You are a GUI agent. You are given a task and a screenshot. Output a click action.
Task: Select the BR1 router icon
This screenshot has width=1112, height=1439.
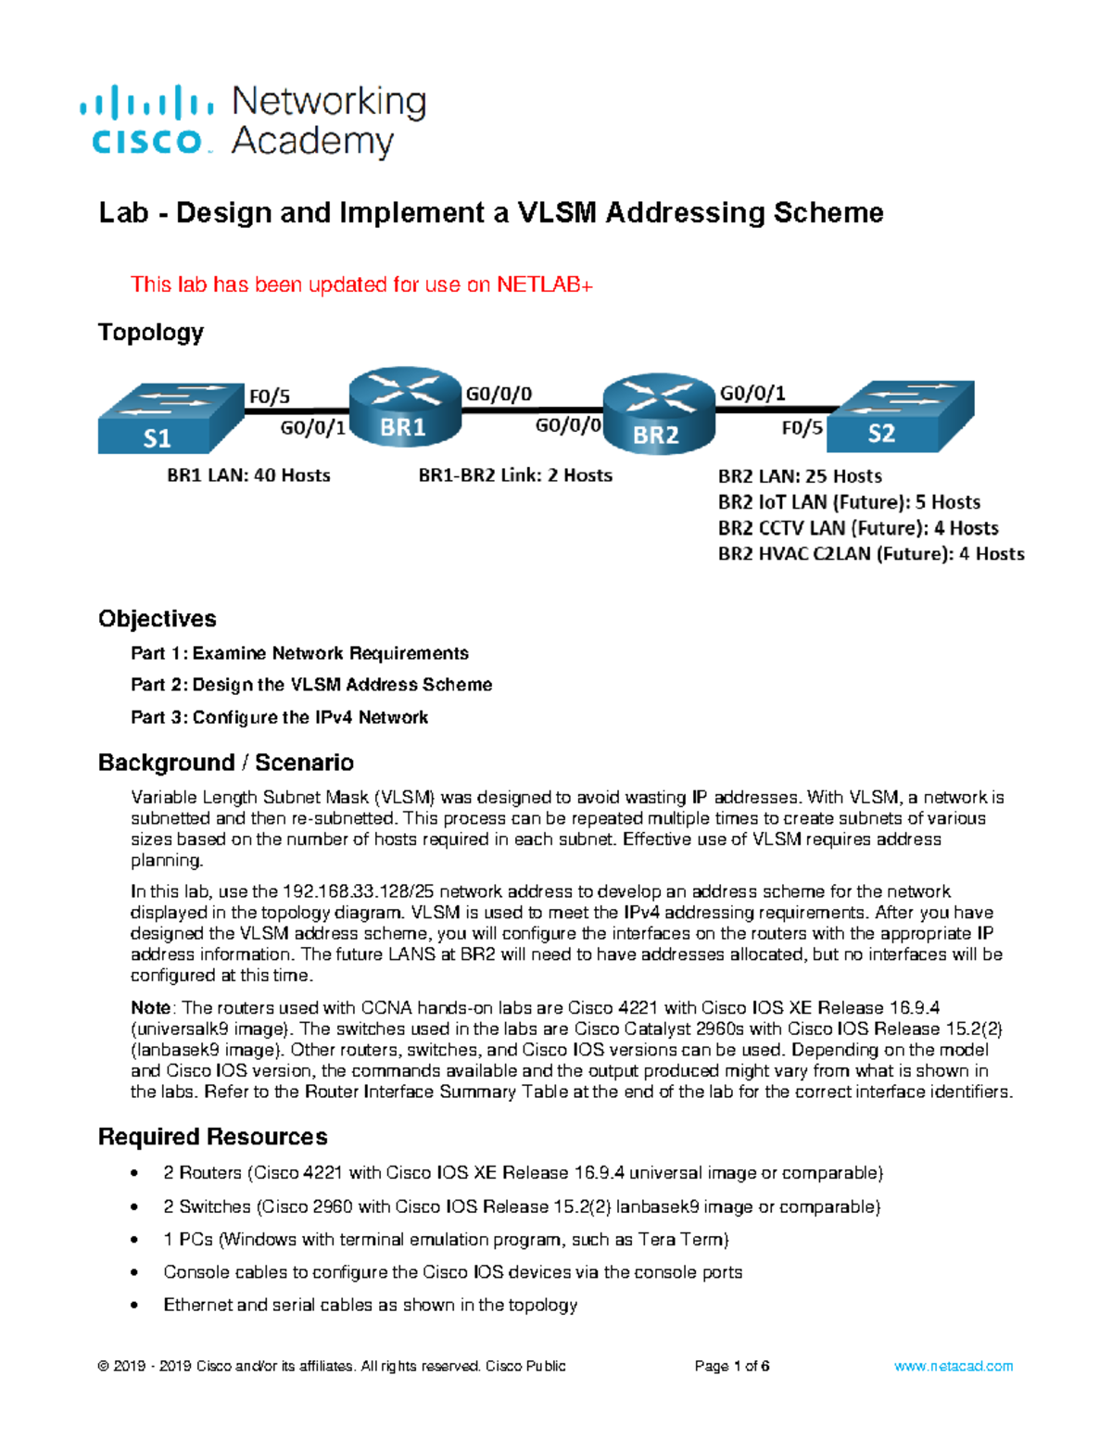[405, 409]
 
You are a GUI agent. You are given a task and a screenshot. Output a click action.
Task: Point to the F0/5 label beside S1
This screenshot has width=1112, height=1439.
[269, 397]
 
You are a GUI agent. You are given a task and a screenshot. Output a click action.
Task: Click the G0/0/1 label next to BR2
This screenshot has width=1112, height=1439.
[752, 393]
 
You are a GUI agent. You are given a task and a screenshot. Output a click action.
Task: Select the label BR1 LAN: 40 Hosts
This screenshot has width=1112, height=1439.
[248, 475]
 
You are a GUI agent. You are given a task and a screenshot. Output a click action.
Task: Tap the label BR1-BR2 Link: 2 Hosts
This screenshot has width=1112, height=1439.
[515, 475]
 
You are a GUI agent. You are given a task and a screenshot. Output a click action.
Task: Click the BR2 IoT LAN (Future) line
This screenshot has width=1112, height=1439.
[849, 502]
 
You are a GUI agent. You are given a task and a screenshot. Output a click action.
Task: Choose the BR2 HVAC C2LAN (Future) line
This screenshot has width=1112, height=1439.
[871, 554]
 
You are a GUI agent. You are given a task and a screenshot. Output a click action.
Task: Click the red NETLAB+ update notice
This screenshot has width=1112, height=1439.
[361, 284]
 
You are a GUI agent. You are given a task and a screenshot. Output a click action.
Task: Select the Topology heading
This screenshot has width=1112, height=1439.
[151, 332]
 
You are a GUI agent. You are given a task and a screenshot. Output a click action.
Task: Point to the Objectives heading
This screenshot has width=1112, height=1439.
[158, 619]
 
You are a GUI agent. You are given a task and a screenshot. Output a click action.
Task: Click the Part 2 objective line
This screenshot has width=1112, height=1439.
[311, 685]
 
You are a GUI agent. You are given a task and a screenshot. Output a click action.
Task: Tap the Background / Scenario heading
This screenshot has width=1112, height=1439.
[226, 763]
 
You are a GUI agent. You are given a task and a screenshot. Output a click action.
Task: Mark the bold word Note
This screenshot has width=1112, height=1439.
[150, 1008]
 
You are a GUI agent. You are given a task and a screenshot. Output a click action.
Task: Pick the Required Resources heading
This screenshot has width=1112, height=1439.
[213, 1137]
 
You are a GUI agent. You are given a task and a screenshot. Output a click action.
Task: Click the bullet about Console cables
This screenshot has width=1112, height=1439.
[452, 1272]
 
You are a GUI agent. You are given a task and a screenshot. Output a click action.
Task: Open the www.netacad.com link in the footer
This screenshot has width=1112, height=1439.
[954, 1366]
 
